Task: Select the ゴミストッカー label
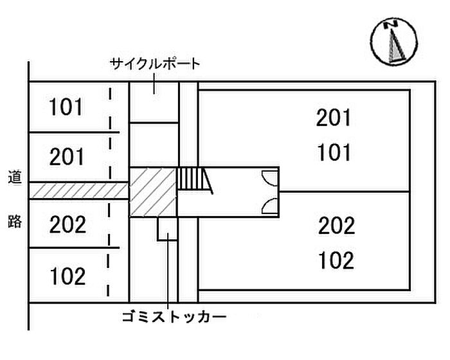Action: pyautogui.click(x=174, y=318)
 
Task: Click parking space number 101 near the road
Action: pyautogui.click(x=66, y=107)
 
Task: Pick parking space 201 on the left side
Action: pyautogui.click(x=66, y=156)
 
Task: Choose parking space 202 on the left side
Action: pyautogui.click(x=67, y=224)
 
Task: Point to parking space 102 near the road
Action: pyautogui.click(x=67, y=276)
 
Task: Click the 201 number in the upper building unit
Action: pyautogui.click(x=334, y=118)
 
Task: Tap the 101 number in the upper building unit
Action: pyautogui.click(x=334, y=153)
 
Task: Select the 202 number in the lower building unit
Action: pyautogui.click(x=336, y=226)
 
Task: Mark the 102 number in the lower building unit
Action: pyautogui.click(x=336, y=260)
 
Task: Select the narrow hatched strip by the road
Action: pyautogui.click(x=77, y=190)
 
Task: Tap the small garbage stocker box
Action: pyautogui.click(x=168, y=228)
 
